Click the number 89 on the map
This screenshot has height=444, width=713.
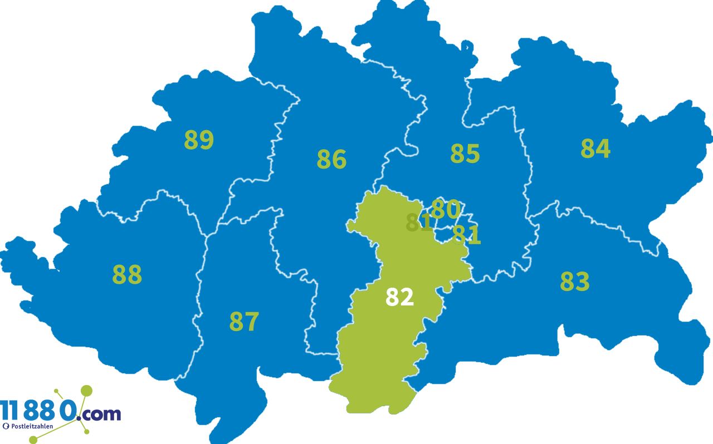click(199, 140)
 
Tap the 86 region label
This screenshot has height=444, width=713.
click(331, 160)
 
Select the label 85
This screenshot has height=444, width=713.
click(465, 154)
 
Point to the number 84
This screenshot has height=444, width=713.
click(595, 149)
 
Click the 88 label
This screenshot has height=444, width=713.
click(127, 274)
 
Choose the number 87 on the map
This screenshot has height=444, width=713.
click(244, 322)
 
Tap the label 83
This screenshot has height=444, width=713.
click(575, 282)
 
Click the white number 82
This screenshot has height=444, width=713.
click(399, 298)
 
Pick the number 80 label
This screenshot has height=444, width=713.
click(446, 209)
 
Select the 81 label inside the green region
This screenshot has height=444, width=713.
click(419, 223)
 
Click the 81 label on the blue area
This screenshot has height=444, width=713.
click(467, 235)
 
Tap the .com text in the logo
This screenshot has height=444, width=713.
click(100, 413)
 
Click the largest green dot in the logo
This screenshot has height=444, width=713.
click(86, 390)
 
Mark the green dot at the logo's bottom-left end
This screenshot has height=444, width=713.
click(33, 440)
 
